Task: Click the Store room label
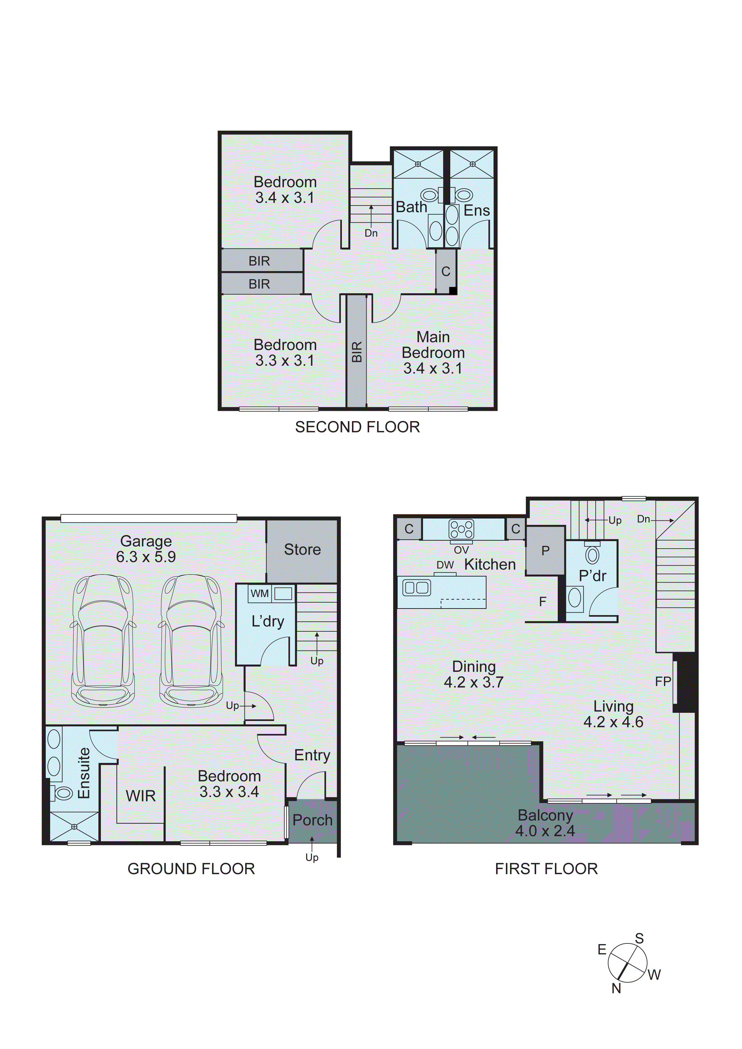point(302,549)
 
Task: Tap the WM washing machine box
point(259,593)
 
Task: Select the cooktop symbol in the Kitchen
point(462,530)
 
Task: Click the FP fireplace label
point(663,682)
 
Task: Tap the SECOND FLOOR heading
point(357,427)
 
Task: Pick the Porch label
point(312,820)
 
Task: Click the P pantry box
point(545,551)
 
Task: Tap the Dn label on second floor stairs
point(371,233)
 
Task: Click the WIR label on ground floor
point(141,796)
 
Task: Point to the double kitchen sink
point(416,587)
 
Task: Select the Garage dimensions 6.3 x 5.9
point(146,557)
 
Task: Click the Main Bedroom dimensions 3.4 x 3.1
point(433,368)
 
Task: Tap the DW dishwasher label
point(445,565)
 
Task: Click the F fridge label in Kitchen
point(542,602)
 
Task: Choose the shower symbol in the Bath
point(418,164)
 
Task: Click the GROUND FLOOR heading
point(191,869)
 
